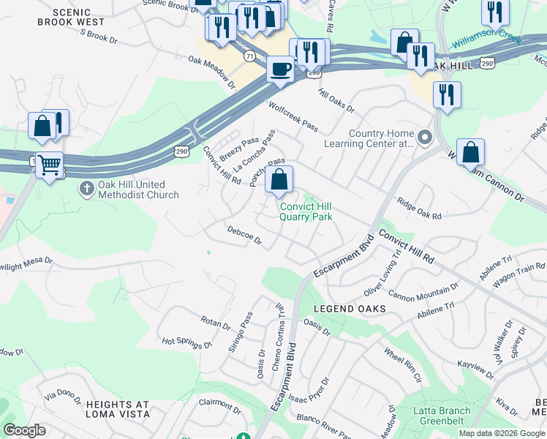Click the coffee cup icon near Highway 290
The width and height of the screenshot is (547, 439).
click(280, 70)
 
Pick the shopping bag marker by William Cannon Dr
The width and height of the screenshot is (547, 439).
click(472, 153)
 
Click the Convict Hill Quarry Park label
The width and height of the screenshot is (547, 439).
click(307, 212)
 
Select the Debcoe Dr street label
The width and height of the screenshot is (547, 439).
click(244, 235)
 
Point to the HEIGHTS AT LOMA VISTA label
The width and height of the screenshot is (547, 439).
click(118, 409)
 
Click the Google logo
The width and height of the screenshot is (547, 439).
click(24, 430)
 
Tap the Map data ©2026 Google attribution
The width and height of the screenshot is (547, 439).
click(502, 433)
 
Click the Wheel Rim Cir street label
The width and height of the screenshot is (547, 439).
click(403, 364)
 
